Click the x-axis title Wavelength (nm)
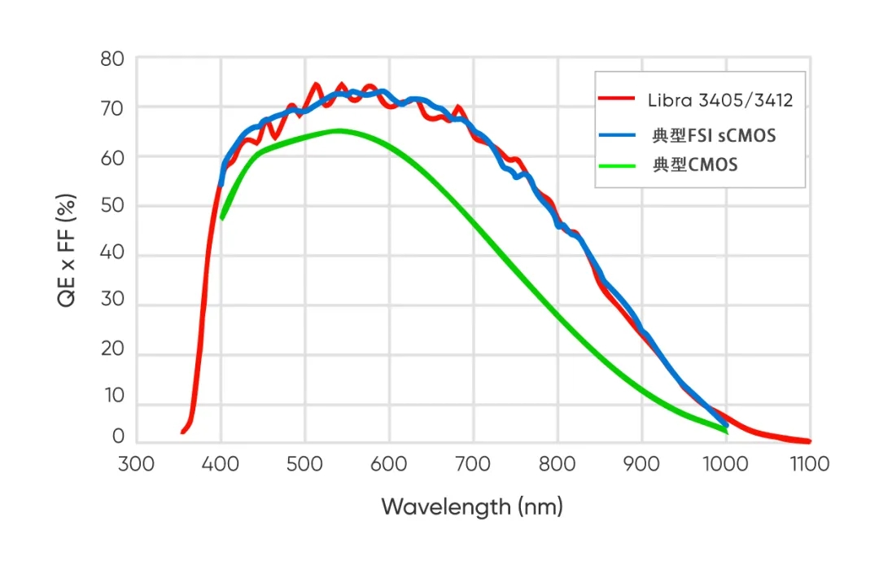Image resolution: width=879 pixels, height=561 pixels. [x=472, y=507]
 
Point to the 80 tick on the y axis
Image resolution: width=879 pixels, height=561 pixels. [x=112, y=59]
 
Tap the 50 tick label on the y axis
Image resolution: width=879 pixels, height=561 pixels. [x=112, y=206]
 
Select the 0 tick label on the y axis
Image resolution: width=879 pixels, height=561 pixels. [x=117, y=437]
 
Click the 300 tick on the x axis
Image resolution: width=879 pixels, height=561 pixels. [x=135, y=464]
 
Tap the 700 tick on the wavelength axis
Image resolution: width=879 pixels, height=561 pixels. [x=472, y=464]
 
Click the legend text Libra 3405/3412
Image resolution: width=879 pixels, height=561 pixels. [x=720, y=100]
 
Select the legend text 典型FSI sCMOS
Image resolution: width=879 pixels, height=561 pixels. [x=714, y=134]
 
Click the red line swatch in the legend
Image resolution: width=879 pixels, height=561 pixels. [x=616, y=99]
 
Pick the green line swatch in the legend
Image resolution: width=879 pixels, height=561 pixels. [x=616, y=164]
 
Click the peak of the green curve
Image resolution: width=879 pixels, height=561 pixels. [x=338, y=130]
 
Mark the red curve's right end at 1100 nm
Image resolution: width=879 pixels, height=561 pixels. [x=809, y=441]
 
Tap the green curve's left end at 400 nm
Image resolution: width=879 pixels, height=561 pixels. [x=221, y=218]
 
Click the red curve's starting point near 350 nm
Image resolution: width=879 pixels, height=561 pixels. [x=182, y=432]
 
